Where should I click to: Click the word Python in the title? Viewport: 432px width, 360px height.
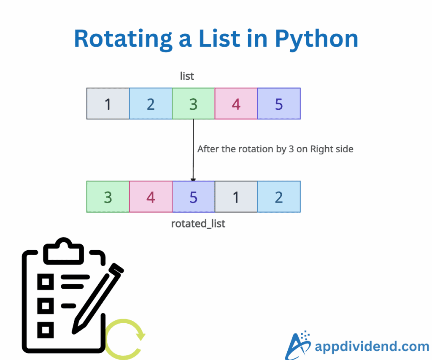pos(316,38)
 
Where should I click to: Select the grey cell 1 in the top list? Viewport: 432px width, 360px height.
pos(108,103)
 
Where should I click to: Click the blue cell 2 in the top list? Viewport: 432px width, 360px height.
pos(151,103)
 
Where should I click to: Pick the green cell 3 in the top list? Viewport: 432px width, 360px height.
pos(193,103)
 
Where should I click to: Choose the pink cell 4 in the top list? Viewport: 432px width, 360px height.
pos(236,103)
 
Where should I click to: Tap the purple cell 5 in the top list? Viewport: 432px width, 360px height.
pos(279,103)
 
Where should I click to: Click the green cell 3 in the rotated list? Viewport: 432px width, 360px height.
pos(108,197)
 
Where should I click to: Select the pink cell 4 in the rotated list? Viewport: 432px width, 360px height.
pos(151,197)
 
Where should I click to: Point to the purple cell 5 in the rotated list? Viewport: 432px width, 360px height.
pos(193,197)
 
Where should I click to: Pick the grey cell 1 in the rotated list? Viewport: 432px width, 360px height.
pos(236,197)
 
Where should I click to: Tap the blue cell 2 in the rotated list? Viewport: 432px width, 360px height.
pos(279,197)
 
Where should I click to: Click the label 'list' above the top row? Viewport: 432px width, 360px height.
pos(186,76)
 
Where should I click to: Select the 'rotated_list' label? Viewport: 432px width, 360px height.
pos(198,223)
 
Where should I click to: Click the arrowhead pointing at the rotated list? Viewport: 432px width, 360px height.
pos(193,179)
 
